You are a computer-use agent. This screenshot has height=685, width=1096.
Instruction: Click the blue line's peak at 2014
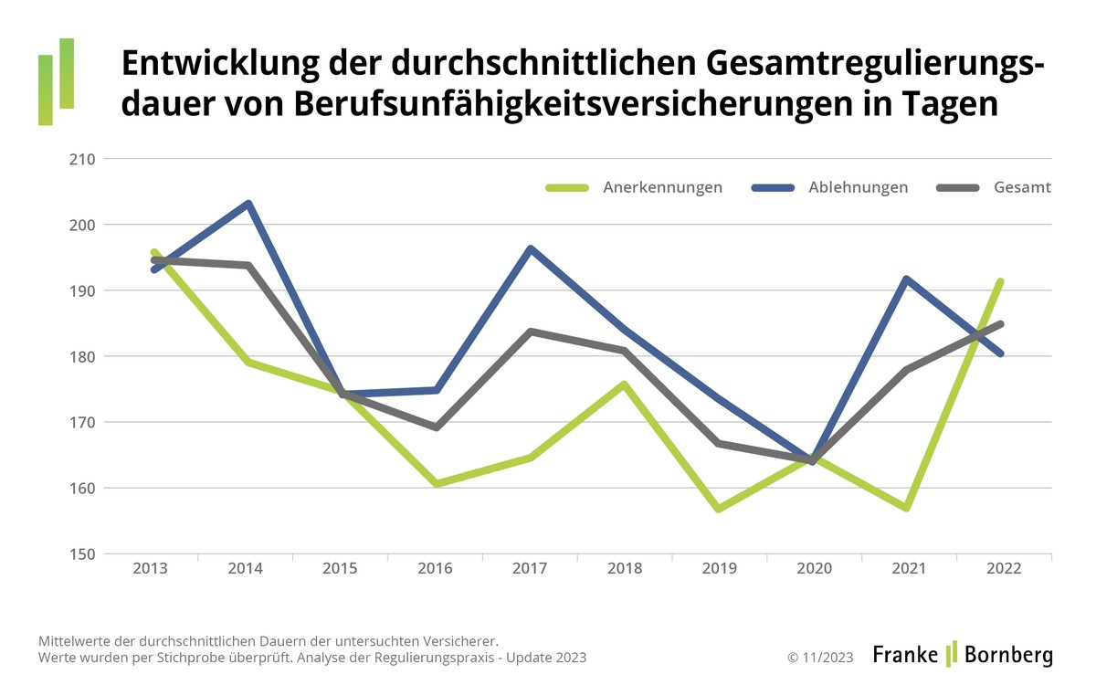[x=248, y=204]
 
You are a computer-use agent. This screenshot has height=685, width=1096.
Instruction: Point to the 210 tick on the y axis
[x=83, y=159]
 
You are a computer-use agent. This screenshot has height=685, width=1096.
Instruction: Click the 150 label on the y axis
[x=83, y=553]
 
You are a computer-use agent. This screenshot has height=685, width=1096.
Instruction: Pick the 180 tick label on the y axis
[x=83, y=356]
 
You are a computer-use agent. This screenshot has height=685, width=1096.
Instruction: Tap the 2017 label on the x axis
[x=530, y=569]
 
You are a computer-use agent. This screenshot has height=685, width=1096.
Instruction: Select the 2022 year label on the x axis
[x=1004, y=569]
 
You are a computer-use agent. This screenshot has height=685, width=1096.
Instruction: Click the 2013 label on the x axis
[x=150, y=569]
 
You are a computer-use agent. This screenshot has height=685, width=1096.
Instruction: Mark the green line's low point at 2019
[x=720, y=509]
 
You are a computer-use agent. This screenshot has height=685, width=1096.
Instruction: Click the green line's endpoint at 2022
[x=1001, y=281]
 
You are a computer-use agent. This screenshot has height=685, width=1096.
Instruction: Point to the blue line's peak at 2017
[x=531, y=248]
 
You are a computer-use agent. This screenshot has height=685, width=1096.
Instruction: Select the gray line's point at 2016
[x=436, y=427]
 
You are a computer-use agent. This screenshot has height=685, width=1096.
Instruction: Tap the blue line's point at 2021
[x=906, y=279]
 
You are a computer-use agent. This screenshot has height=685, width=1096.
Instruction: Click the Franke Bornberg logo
[x=962, y=654]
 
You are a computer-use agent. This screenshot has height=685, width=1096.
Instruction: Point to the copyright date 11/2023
[x=820, y=657]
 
